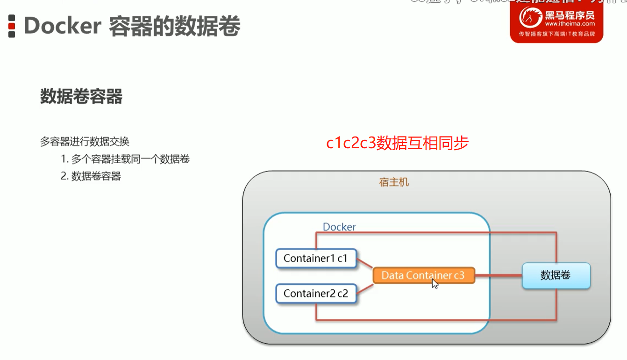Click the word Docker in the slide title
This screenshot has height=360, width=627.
pyautogui.click(x=63, y=26)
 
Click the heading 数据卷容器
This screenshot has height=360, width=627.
pyautogui.click(x=81, y=97)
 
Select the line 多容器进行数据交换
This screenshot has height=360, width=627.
pyautogui.click(x=85, y=141)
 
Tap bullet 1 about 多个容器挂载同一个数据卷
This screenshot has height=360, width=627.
pyautogui.click(x=125, y=159)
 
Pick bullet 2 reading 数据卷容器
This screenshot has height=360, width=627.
pyautogui.click(x=91, y=176)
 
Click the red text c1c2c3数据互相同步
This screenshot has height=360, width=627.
pyautogui.click(x=397, y=143)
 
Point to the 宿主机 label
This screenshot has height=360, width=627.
pyautogui.click(x=394, y=182)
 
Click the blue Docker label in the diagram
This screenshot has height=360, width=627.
pyautogui.click(x=339, y=227)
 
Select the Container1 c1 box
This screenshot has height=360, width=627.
pyautogui.click(x=316, y=258)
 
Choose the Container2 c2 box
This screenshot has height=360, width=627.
pyautogui.click(x=316, y=294)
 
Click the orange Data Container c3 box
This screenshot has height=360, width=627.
pyautogui.click(x=423, y=275)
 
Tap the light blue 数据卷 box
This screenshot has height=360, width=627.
pyautogui.click(x=556, y=275)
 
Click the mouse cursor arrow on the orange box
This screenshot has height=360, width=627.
pyautogui.click(x=435, y=283)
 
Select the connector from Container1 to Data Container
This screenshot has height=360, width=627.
pyautogui.click(x=365, y=263)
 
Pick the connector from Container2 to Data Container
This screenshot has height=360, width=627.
pyautogui.click(x=365, y=288)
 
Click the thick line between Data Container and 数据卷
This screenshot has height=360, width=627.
pyautogui.click(x=498, y=275)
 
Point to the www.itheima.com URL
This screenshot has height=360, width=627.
pyautogui.click(x=570, y=24)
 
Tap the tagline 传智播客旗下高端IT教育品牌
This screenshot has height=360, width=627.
pyautogui.click(x=556, y=34)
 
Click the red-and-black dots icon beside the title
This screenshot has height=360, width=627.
pyautogui.click(x=12, y=26)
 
